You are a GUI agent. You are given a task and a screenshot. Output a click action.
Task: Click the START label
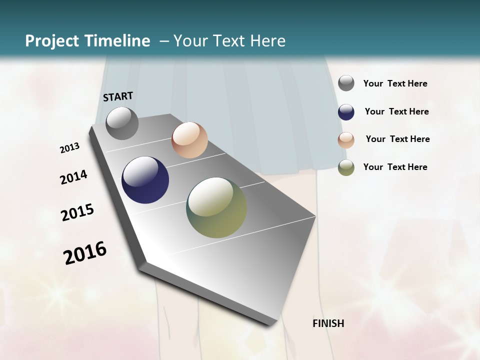[118, 96]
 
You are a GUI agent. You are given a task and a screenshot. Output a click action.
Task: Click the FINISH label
[328, 323]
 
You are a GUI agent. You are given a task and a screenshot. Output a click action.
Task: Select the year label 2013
[69, 148]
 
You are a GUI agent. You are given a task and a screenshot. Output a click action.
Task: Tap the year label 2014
[73, 177]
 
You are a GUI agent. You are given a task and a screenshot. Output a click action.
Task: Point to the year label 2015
[77, 212]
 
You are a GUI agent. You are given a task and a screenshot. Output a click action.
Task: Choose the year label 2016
[85, 252]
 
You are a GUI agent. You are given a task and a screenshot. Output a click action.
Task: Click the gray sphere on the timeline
[122, 123]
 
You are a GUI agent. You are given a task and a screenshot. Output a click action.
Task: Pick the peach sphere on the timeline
[189, 140]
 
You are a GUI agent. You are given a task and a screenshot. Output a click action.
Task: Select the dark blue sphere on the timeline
[145, 180]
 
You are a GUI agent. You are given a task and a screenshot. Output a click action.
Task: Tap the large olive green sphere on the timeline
[216, 207]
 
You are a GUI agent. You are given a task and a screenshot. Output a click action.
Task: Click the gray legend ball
[346, 83]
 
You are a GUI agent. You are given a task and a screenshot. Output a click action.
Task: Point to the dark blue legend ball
[346, 112]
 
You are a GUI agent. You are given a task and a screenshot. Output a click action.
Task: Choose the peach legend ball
[346, 140]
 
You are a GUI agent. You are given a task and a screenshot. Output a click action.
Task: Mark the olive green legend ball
[346, 167]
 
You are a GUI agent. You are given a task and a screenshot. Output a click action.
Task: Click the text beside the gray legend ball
[395, 83]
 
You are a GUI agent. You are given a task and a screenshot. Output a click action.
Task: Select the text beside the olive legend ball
[395, 167]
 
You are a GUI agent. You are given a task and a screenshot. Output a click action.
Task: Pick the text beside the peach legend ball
[397, 139]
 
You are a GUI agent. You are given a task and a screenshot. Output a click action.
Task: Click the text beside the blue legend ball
[396, 111]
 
